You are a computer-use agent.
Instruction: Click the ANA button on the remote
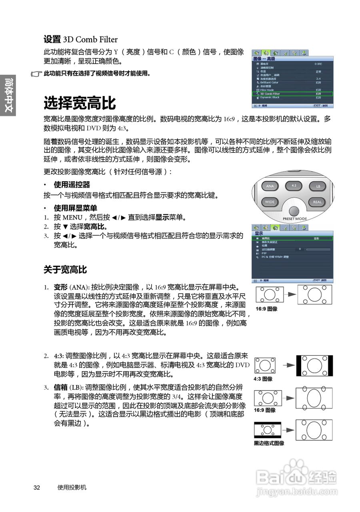[x=270, y=186]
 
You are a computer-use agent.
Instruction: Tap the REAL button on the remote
[x=317, y=202]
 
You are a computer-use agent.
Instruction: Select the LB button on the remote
[x=318, y=186]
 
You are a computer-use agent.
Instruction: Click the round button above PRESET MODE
[x=295, y=211]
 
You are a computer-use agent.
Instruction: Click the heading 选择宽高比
[x=80, y=103]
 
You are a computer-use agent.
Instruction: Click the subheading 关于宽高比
[x=65, y=270]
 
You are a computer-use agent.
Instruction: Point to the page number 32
[x=37, y=487]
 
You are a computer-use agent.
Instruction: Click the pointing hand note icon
[x=36, y=74]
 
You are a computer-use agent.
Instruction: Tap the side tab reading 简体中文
[x=8, y=95]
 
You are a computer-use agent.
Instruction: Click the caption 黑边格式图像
[x=269, y=443]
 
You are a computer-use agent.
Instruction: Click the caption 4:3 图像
[x=263, y=378]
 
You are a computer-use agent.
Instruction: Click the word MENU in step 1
[x=72, y=218]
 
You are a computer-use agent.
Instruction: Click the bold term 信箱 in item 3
[x=61, y=387]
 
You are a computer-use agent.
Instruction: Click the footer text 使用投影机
[x=72, y=487]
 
